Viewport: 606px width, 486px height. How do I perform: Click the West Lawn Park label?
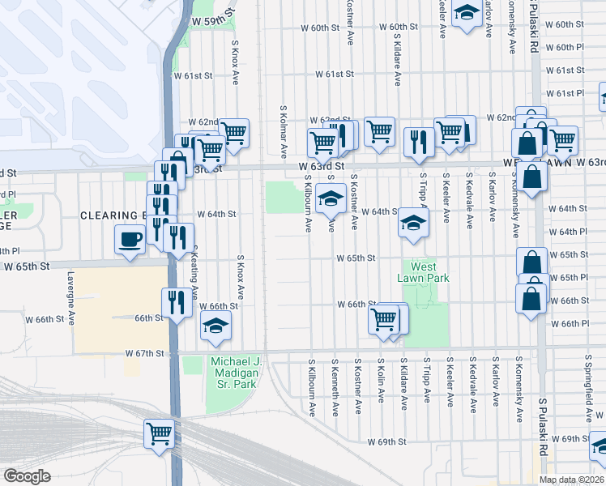point(423,272)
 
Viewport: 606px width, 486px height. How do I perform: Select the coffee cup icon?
point(130,239)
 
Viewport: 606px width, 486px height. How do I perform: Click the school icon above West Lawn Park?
point(412,224)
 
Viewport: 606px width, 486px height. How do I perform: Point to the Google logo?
point(27,476)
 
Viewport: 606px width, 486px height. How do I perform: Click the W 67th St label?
point(145,353)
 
